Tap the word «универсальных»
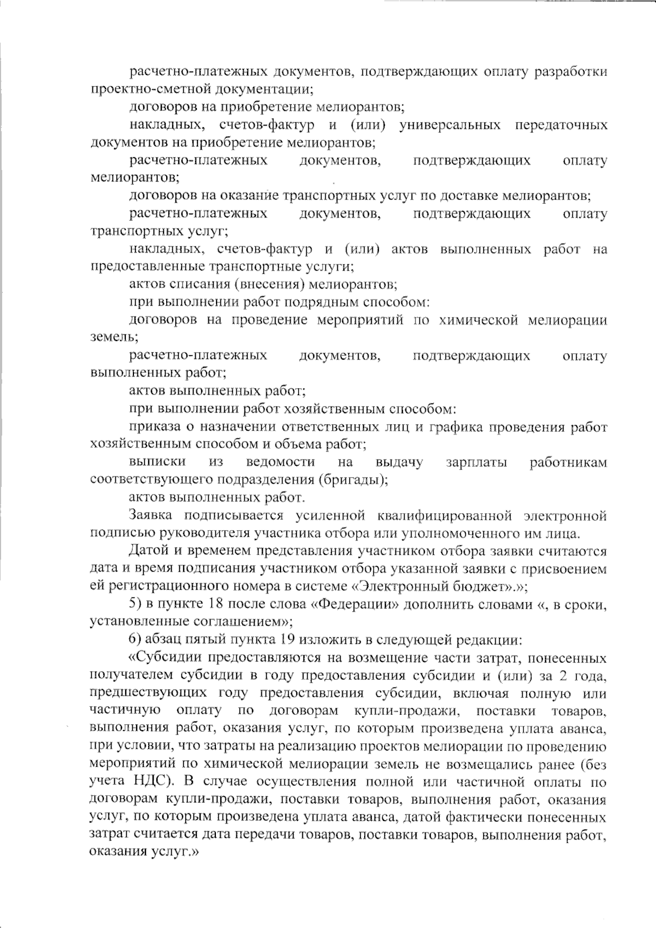[450, 125]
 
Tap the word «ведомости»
[280, 462]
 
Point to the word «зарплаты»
[476, 462]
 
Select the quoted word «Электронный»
[391, 586]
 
